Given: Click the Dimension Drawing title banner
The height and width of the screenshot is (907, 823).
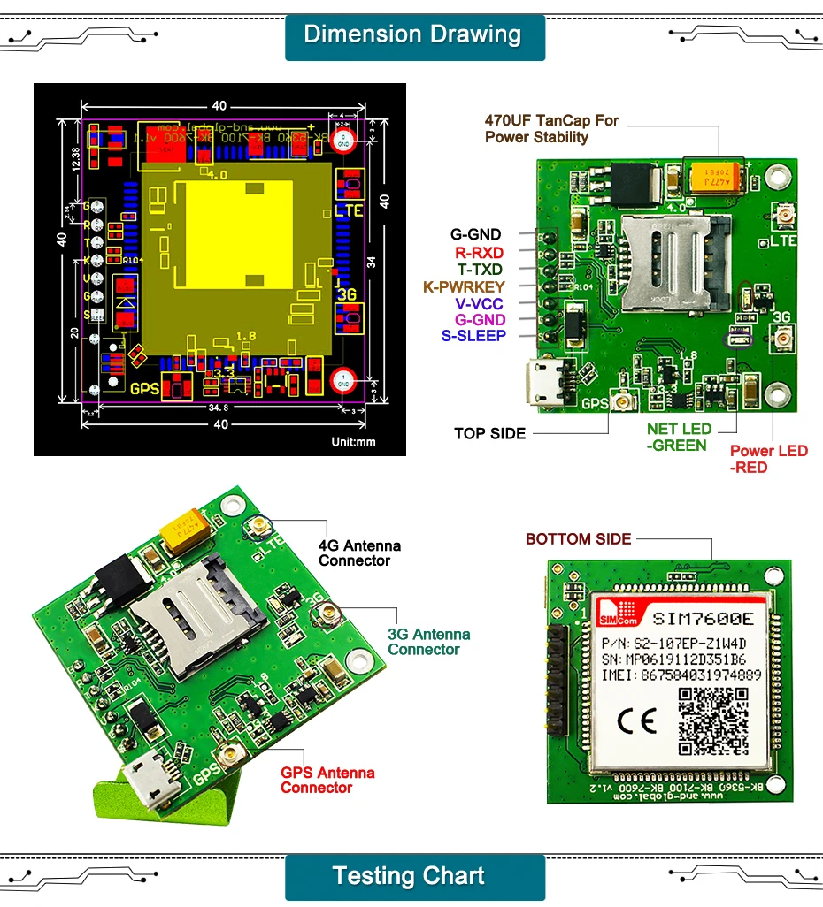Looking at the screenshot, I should (412, 35).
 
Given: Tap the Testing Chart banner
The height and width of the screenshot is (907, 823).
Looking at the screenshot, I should (409, 876).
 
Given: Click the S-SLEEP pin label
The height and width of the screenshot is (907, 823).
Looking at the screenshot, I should (473, 335).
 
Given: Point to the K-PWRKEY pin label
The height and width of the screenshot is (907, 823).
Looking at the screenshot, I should (464, 286).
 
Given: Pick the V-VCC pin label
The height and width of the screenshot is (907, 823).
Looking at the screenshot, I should (481, 302).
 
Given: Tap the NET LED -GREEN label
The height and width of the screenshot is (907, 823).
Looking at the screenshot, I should (678, 437).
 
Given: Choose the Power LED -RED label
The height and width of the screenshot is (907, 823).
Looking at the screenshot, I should (768, 459).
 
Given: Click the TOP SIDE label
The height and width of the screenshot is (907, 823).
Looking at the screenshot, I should (489, 433).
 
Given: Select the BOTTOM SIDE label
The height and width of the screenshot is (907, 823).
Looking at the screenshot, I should (578, 539).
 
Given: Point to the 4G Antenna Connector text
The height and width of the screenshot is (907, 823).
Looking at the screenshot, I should (359, 553).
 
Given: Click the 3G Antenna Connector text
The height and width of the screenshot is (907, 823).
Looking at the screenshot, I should (428, 642).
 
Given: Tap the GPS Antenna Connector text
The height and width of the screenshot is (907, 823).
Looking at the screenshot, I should (327, 780).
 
